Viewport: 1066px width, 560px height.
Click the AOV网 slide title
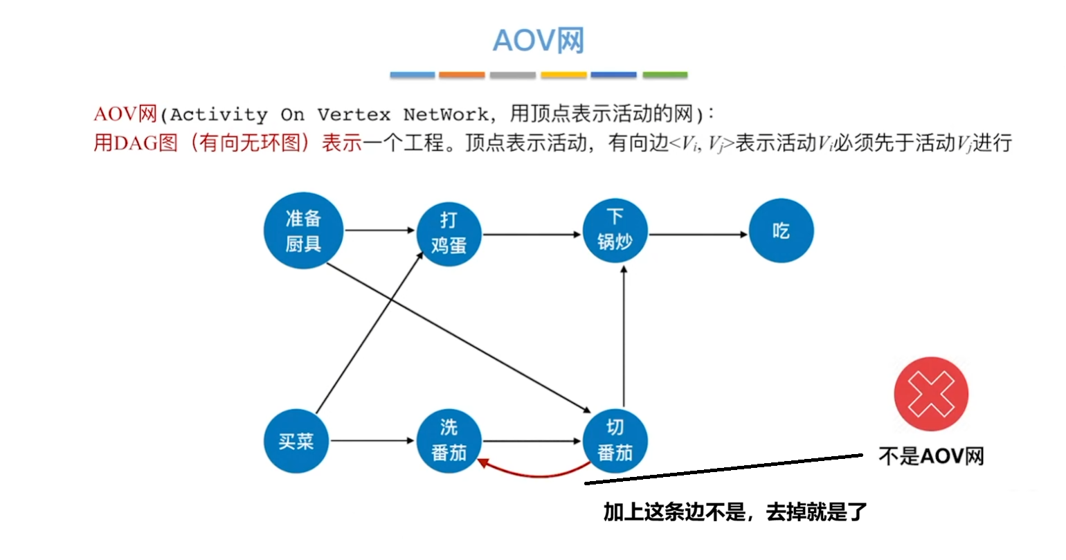coord(539,41)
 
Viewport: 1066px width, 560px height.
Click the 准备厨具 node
coord(303,231)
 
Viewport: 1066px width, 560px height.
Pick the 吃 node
coord(781,231)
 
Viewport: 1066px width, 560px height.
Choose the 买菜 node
coord(296,441)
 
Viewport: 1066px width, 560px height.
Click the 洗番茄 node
coord(449,441)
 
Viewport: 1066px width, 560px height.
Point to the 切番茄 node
coord(615,441)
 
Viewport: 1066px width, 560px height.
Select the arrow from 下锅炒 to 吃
coord(698,235)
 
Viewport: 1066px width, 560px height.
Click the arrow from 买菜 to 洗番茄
coord(372,441)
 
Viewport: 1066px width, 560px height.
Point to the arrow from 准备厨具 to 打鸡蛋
coord(379,231)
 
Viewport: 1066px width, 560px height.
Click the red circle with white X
coord(930,395)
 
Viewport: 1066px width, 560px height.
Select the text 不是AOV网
coord(930,456)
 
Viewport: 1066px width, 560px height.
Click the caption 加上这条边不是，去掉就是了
coord(734,512)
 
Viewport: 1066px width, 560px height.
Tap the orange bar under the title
coord(462,75)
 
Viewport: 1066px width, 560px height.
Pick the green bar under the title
coord(665,75)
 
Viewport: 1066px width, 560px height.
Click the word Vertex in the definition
coord(354,114)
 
